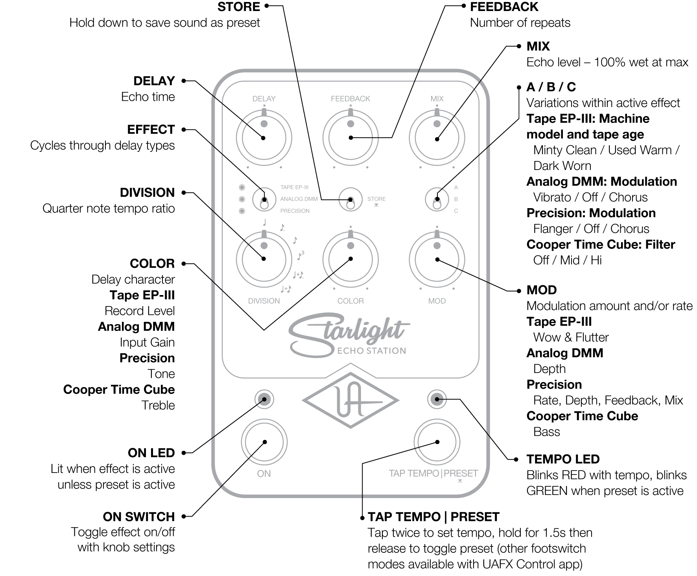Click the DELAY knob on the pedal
coord(264,138)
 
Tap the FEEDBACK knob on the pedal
coord(350,138)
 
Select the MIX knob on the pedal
coord(437,138)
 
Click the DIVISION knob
coord(264,258)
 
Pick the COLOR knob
coord(350,258)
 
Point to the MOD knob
coord(437,258)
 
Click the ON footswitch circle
coord(264,442)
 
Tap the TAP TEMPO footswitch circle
coord(437,442)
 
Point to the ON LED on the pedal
coord(264,399)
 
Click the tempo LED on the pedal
coord(437,399)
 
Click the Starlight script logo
coord(346,330)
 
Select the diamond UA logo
coord(350,401)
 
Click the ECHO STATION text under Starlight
coord(372,351)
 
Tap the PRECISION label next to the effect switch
coord(295,211)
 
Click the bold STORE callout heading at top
coord(239,6)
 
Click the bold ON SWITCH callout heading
coord(139,516)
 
